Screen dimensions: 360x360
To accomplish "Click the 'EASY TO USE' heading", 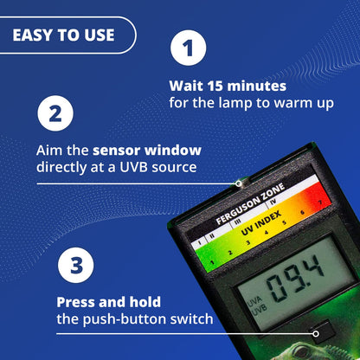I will (x=62, y=35).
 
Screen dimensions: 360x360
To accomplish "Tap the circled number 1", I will (x=188, y=48).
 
